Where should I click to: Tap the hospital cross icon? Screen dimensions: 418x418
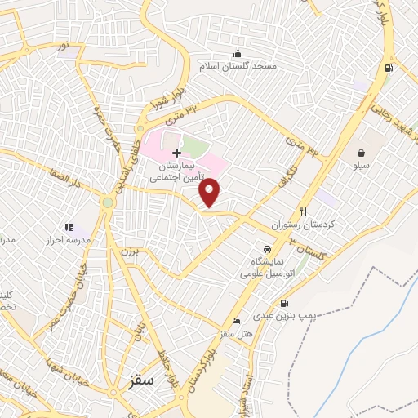(x=176, y=153)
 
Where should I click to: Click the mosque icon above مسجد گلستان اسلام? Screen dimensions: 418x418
(x=238, y=53)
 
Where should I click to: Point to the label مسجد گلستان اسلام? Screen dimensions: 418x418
(x=242, y=65)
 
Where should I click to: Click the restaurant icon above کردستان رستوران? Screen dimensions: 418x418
(x=303, y=210)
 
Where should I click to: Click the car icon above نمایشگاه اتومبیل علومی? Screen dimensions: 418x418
(x=267, y=248)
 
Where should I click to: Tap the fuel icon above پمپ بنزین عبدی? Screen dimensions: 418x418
(x=283, y=304)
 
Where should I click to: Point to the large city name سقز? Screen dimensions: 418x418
(x=142, y=380)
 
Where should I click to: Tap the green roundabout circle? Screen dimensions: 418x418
(x=107, y=202)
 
